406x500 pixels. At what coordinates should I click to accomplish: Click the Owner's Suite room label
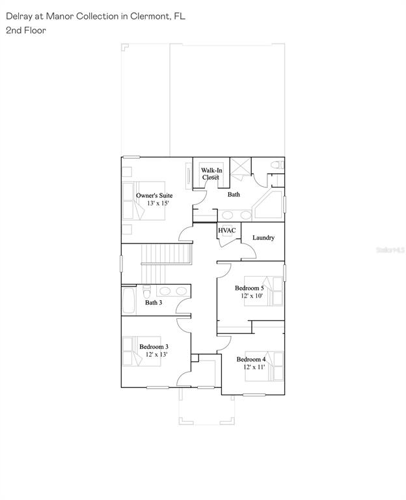point(154,195)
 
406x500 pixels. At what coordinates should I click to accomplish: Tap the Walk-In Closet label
point(211,174)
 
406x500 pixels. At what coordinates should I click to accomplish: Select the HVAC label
point(227,230)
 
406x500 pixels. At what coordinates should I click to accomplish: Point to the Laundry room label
point(264,238)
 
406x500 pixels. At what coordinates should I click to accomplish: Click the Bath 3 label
point(154,302)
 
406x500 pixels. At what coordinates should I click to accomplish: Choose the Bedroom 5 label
point(249,288)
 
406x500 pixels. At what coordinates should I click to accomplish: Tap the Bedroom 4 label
point(250,359)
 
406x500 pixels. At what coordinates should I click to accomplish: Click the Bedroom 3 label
point(154,346)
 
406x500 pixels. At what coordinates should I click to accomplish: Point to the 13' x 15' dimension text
point(157,203)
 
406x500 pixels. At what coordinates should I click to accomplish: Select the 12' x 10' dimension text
point(252,296)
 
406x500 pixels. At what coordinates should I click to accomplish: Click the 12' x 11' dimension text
point(254,367)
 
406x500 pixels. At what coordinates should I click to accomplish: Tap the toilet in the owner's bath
point(277,165)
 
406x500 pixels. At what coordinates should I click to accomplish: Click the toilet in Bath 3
point(146,291)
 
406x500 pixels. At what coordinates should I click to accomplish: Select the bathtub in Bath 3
point(129,300)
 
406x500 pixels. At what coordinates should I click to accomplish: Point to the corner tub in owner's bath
point(268,204)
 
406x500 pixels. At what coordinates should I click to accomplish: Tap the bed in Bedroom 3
point(141,351)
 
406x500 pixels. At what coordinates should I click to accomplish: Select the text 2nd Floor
point(26,31)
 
